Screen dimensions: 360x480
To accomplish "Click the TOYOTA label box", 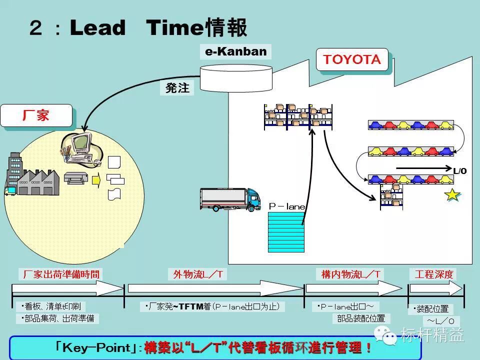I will click(x=352, y=60).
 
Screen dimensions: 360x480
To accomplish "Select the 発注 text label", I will click(x=177, y=88).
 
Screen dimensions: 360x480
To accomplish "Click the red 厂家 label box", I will click(x=36, y=115).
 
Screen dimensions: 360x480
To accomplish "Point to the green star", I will click(x=452, y=195).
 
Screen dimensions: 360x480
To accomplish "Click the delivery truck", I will click(x=230, y=199).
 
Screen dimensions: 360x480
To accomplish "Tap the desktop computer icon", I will click(x=80, y=146).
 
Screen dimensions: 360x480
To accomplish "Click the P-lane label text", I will click(x=287, y=206).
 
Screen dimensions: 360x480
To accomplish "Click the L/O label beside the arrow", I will click(x=459, y=171).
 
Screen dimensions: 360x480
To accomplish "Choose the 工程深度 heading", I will click(x=433, y=274).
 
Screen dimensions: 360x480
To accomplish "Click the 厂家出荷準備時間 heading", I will click(x=62, y=274).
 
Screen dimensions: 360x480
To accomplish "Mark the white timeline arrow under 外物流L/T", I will click(x=215, y=288).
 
